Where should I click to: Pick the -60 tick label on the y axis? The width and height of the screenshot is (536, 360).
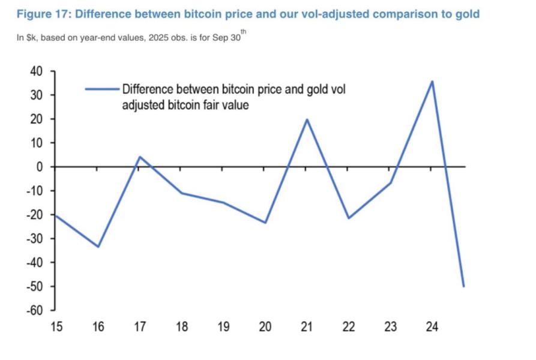(34, 310)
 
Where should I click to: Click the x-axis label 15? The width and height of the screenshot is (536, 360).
(56, 327)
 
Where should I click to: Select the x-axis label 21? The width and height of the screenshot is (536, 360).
(306, 327)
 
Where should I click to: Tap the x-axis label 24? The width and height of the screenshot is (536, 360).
(432, 327)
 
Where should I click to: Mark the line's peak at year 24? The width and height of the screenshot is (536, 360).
(432, 82)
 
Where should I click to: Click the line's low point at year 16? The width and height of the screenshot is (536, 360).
(98, 247)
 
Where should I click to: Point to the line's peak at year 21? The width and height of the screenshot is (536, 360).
(307, 119)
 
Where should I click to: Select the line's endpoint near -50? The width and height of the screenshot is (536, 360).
(463, 286)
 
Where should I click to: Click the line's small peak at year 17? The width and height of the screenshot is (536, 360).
(139, 157)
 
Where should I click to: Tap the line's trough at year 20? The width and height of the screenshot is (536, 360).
(265, 223)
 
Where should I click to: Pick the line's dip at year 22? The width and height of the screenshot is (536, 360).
(348, 218)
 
